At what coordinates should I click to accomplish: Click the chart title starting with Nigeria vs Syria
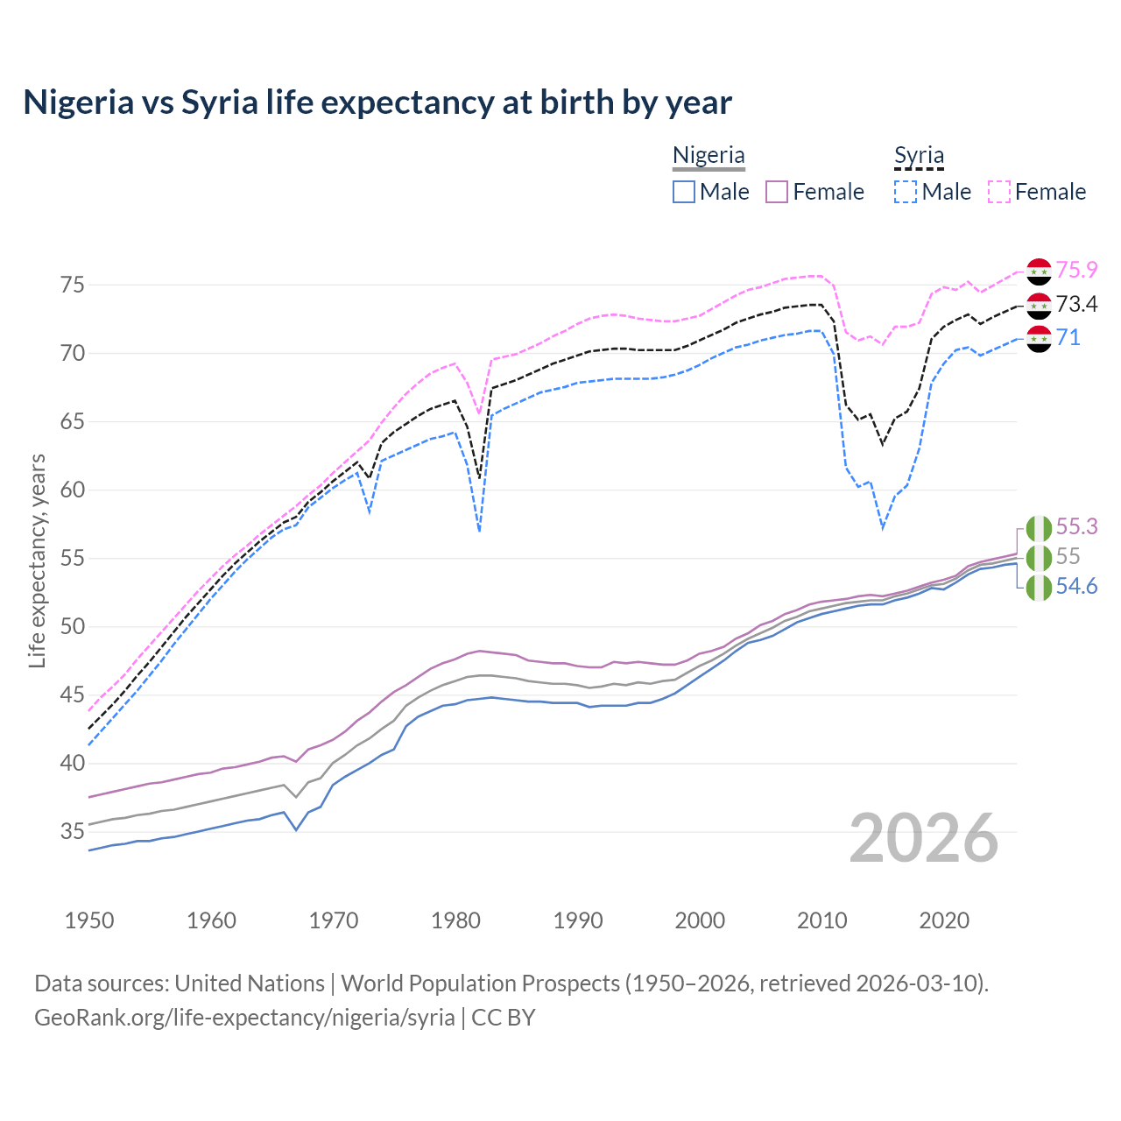(377, 102)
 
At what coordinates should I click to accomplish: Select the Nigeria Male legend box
(684, 192)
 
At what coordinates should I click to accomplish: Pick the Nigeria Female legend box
(778, 192)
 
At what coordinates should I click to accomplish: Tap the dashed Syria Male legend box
(906, 192)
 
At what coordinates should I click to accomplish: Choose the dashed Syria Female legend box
(999, 192)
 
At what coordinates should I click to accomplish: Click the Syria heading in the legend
(919, 156)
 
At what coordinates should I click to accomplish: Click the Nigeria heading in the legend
(709, 156)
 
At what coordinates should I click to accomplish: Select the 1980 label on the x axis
(455, 920)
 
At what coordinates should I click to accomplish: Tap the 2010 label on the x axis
(821, 920)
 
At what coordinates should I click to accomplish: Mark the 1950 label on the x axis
(89, 920)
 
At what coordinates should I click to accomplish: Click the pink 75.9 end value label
(1076, 271)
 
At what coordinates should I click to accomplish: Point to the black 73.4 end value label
(1076, 305)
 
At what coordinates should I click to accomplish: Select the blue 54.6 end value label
(1076, 587)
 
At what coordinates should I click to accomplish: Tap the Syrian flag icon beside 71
(1039, 339)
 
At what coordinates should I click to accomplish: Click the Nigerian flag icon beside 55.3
(1039, 528)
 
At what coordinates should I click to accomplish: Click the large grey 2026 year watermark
(924, 838)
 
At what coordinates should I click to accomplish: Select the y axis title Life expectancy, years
(38, 560)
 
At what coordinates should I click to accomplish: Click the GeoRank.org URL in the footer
(244, 1018)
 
